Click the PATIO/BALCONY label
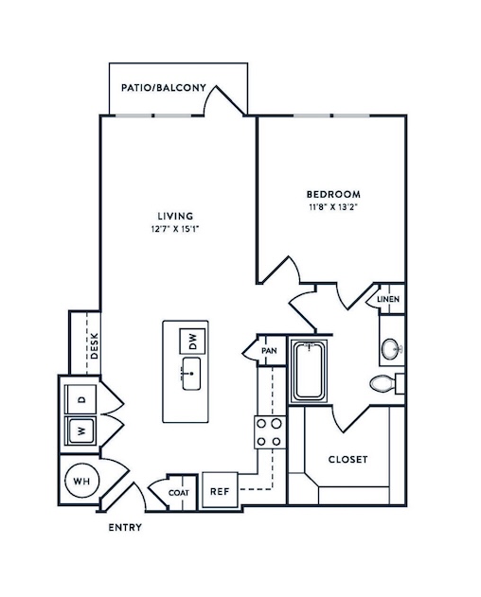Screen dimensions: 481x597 [164, 88]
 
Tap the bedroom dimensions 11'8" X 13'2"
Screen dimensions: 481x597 [334, 208]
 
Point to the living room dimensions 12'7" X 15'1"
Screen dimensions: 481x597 [175, 229]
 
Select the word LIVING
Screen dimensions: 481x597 [175, 217]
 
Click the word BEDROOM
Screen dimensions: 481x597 [334, 195]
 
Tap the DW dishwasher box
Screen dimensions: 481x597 [192, 342]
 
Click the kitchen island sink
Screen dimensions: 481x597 [191, 374]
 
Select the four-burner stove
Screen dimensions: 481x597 [270, 432]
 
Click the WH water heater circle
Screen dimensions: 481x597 [82, 482]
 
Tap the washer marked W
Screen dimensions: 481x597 [80, 430]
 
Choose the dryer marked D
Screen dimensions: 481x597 [80, 399]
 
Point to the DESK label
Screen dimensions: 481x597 [95, 345]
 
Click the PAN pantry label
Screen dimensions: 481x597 [269, 351]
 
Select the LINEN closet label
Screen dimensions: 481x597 [388, 299]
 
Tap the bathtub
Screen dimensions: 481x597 [309, 371]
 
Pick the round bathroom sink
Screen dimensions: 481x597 [391, 348]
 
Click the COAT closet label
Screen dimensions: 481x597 [179, 493]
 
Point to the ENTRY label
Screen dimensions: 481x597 [125, 527]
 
